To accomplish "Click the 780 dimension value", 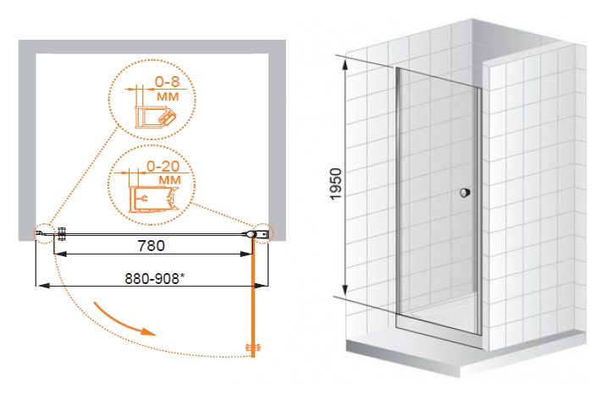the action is point(152,245).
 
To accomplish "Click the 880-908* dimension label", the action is point(154,278).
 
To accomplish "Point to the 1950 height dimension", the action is point(336,183).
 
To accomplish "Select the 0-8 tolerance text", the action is point(168,82).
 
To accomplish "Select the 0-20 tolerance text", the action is point(163,167).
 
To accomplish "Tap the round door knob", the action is point(465,193).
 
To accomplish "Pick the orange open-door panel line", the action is point(254,296).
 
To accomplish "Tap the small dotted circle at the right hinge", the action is point(264,233).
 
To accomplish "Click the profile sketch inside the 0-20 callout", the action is point(154,199).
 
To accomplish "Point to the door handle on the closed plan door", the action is point(61,234).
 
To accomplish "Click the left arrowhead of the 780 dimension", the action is point(60,254).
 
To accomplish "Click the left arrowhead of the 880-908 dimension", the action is point(42,286).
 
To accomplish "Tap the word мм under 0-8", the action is point(168,96).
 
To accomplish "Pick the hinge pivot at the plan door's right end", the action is point(251,234).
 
